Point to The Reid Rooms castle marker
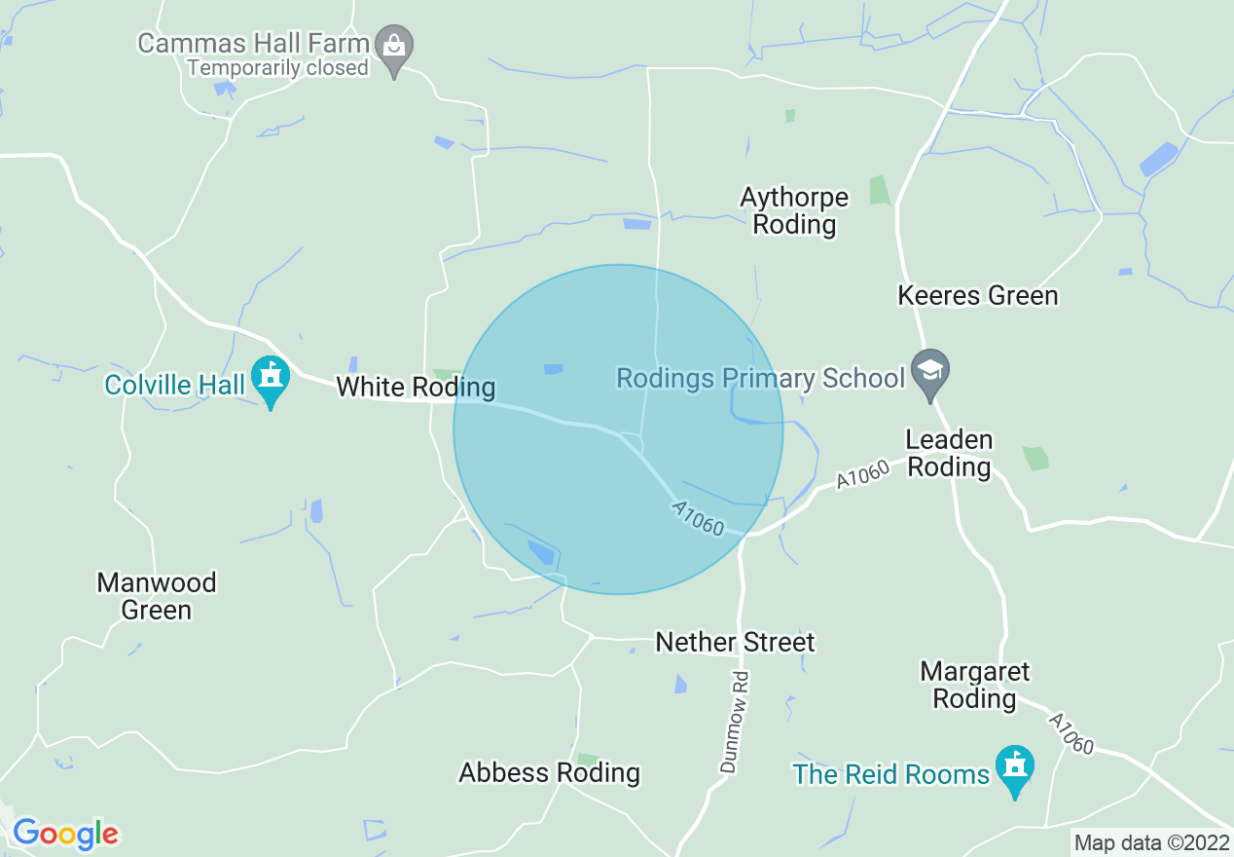click(1015, 768)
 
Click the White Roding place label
click(416, 388)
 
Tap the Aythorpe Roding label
click(794, 211)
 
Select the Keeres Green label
click(977, 295)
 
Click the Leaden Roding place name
click(949, 454)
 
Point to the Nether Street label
click(735, 643)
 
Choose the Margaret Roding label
click(974, 686)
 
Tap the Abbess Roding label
click(549, 773)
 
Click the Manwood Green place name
click(157, 597)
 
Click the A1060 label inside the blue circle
click(698, 519)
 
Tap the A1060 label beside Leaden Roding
click(862, 475)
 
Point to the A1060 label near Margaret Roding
click(1070, 733)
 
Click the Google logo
click(65, 834)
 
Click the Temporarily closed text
click(278, 68)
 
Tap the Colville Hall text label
click(175, 386)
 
